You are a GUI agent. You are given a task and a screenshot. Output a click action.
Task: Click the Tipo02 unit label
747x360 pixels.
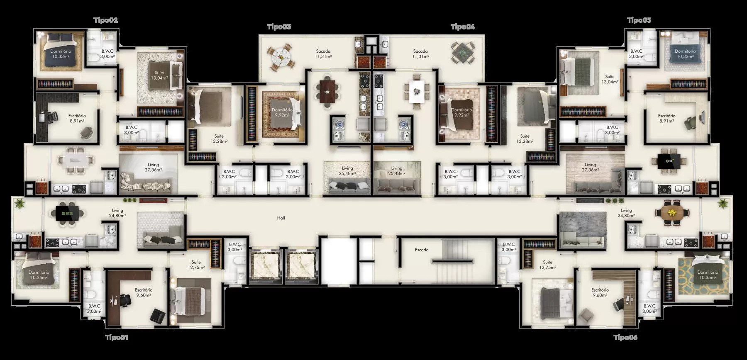tap(106, 20)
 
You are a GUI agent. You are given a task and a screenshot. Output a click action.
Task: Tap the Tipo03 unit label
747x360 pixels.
tap(279, 27)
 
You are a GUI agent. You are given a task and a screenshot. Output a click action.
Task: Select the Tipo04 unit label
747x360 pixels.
tap(463, 27)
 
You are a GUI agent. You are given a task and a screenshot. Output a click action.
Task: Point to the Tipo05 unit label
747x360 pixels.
tap(639, 20)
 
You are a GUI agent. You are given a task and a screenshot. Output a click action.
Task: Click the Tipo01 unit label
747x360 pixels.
tap(116, 338)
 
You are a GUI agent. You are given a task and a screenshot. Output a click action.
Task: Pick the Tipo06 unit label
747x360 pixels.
tap(625, 338)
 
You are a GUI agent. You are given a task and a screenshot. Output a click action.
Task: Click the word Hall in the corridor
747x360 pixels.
tap(281, 218)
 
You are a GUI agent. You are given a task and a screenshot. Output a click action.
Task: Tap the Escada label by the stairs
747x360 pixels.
tap(422, 250)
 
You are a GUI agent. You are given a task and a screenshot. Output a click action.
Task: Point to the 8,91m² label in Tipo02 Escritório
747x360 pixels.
tap(76, 121)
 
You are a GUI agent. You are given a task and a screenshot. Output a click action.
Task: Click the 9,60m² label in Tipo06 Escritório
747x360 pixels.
tap(600, 295)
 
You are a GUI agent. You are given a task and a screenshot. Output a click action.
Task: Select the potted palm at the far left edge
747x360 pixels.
tap(19, 203)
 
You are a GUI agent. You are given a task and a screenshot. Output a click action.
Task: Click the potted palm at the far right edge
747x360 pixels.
tap(723, 203)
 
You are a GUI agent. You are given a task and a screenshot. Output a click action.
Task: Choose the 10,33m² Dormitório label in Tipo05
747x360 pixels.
tap(685, 56)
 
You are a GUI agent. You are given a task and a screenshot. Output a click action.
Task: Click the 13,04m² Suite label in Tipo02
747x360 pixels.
tap(159, 78)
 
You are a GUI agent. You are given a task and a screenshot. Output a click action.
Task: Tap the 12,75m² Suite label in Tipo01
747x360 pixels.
tap(196, 268)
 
